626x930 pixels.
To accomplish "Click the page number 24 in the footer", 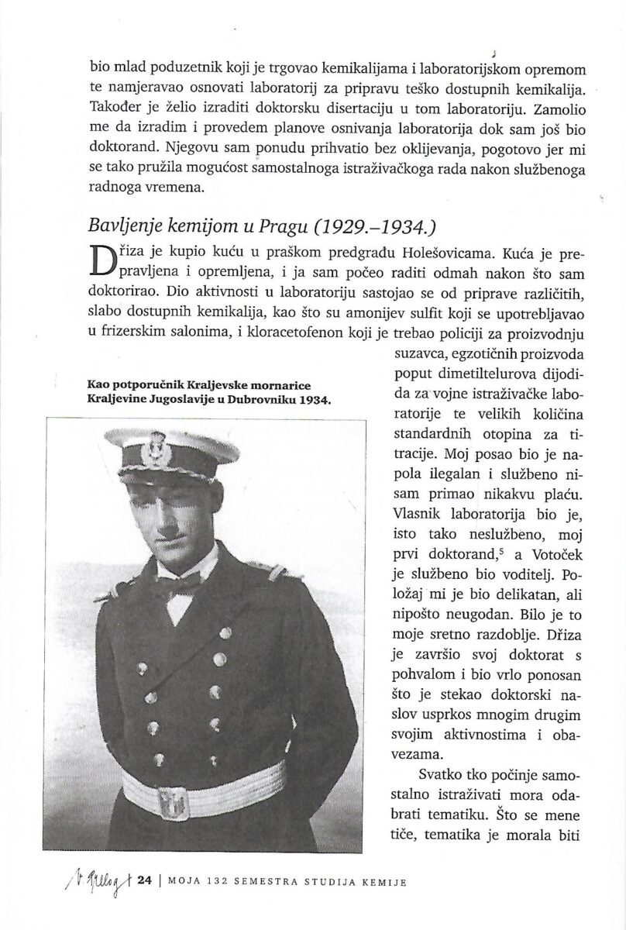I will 143,881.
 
